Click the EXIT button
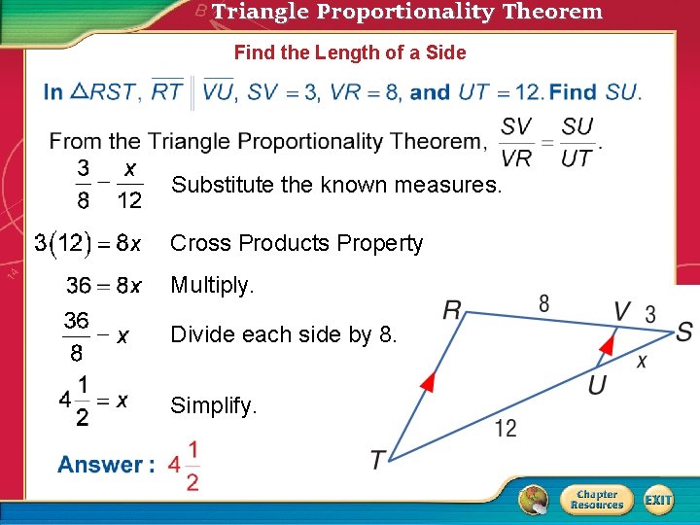658,500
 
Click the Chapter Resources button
596,500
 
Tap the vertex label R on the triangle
452,311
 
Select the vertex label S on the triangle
683,332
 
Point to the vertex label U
597,385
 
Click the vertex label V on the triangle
623,311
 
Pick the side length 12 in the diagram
505,428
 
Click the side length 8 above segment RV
543,303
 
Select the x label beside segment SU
642,361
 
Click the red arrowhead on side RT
427,381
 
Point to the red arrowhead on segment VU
607,343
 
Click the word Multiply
212,286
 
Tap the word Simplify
214,405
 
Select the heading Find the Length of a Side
350,52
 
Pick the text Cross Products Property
297,243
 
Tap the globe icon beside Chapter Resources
534,500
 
